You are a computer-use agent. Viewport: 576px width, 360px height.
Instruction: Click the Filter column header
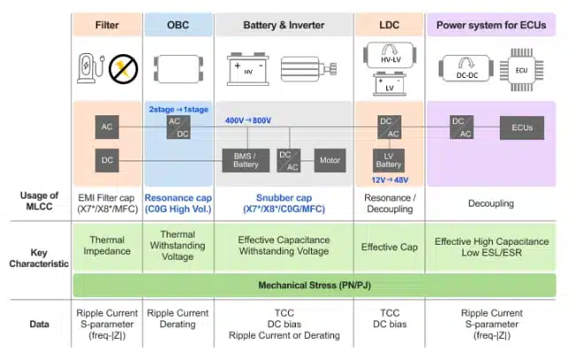(x=107, y=24)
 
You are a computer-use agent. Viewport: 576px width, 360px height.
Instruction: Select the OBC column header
(x=178, y=24)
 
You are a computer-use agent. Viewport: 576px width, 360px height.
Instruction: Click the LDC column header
(x=389, y=24)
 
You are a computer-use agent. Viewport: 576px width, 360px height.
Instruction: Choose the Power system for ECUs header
(x=492, y=24)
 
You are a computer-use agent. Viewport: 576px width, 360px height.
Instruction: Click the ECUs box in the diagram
(x=522, y=127)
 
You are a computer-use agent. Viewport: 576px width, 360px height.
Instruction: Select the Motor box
(x=329, y=160)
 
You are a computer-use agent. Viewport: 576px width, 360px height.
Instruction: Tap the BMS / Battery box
(x=245, y=160)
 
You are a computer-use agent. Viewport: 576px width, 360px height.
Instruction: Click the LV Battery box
(x=389, y=160)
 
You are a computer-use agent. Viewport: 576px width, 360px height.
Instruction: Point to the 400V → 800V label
(x=249, y=120)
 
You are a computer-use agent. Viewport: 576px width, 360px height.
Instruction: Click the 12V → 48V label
(x=389, y=180)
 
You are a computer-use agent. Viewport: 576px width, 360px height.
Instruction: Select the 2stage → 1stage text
(x=178, y=109)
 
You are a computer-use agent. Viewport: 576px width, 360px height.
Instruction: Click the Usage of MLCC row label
(x=38, y=201)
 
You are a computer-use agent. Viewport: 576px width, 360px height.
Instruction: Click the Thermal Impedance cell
(x=107, y=246)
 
